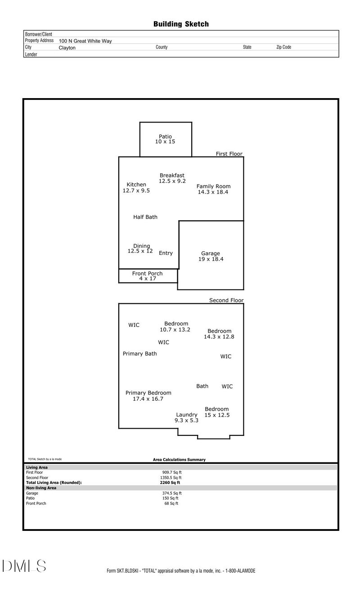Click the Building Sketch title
[181, 24]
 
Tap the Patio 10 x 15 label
[165, 139]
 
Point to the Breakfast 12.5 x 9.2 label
[172, 178]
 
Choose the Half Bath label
[145, 217]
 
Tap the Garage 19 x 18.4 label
[211, 256]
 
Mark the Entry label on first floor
[166, 253]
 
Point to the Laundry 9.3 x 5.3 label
[186, 417]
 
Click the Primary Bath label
[139, 353]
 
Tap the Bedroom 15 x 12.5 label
[217, 412]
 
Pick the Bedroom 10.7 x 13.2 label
[175, 327]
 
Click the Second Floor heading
[226, 300]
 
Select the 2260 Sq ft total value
[170, 483]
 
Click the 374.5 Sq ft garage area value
[172, 493]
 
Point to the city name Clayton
[67, 48]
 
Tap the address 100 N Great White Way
[85, 41]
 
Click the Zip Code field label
[284, 47]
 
